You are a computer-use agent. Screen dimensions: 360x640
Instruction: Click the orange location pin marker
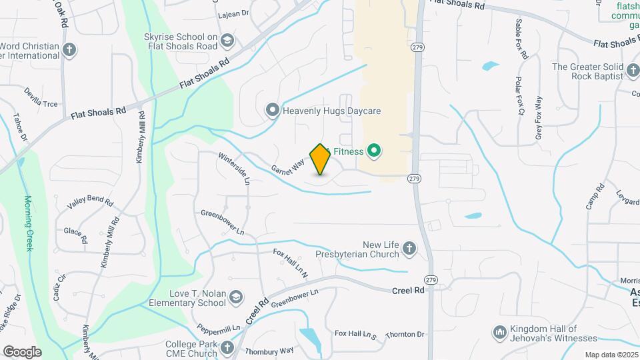(x=321, y=159)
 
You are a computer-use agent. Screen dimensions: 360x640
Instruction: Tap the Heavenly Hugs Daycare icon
(x=272, y=111)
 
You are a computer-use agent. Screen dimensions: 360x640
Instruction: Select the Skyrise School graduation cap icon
(x=229, y=41)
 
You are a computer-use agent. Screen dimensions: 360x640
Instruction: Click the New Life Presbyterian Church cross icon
(x=409, y=249)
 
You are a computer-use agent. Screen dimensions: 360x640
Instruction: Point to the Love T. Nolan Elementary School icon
(x=235, y=297)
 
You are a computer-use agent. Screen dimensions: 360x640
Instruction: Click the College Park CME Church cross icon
(x=227, y=347)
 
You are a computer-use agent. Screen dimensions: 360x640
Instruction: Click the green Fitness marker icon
(x=373, y=151)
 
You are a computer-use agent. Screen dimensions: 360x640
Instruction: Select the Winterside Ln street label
(x=234, y=167)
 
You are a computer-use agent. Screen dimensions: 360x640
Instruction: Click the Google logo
(x=22, y=351)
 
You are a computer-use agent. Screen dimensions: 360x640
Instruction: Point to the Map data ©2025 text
(x=611, y=355)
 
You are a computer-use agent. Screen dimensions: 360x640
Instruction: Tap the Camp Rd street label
(x=595, y=197)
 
